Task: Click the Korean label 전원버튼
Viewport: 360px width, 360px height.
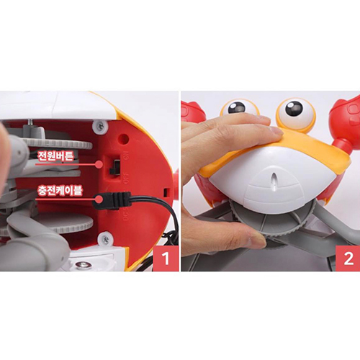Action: click(57, 155)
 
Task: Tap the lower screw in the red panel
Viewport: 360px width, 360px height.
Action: click(106, 238)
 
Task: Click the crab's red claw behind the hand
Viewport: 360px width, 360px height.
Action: click(192, 112)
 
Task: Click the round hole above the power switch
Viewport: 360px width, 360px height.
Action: click(117, 145)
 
